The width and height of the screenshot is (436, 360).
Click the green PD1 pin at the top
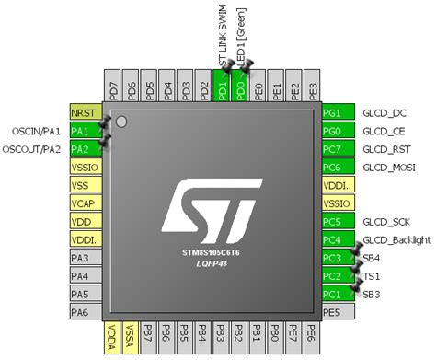pyautogui.click(x=223, y=91)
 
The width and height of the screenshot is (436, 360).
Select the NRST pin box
pyautogui.click(x=84, y=112)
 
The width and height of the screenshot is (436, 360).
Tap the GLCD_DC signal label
pyautogui.click(x=384, y=113)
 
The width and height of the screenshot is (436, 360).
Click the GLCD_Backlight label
pyautogui.click(x=396, y=239)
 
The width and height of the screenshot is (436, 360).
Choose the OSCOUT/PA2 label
pyautogui.click(x=32, y=148)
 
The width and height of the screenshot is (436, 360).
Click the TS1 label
pyautogui.click(x=372, y=275)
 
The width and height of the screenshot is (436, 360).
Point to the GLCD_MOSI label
pyautogui.click(x=388, y=167)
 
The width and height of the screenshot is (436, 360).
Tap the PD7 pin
pyautogui.click(x=113, y=91)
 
